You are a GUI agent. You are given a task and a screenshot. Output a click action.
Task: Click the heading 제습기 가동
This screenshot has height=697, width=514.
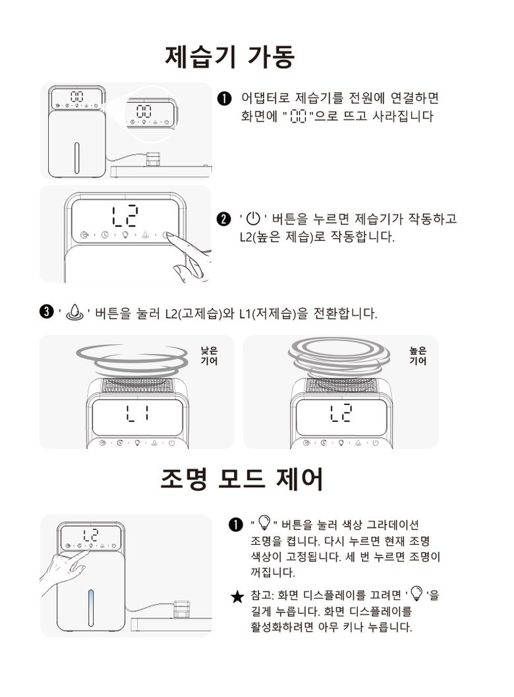[x=230, y=57]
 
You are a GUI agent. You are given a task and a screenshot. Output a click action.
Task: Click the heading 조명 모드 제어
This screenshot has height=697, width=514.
[x=241, y=479]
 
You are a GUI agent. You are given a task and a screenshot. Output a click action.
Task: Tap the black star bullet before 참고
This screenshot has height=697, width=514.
[x=238, y=597]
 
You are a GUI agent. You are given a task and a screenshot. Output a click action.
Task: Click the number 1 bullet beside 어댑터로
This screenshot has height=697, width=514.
[x=224, y=98]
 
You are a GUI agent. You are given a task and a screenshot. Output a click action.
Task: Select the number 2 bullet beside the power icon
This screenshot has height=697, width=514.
[x=223, y=219]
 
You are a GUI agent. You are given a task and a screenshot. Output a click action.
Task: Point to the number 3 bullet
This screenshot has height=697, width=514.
[x=46, y=313]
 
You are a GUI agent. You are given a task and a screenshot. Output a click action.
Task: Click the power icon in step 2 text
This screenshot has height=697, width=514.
[x=253, y=219]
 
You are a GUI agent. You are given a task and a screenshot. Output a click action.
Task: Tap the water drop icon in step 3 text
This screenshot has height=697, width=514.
[x=74, y=313]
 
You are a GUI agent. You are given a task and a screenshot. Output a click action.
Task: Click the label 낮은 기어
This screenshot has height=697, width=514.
[x=209, y=356]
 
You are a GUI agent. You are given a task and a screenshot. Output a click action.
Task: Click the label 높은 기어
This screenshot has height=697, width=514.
[x=418, y=356]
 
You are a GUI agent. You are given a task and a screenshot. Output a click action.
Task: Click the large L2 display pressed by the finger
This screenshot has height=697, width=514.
[x=125, y=216]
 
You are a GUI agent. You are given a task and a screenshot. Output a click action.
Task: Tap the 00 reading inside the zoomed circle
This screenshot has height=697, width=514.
[x=144, y=111]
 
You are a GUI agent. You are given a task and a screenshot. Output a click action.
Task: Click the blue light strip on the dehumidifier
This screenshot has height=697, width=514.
[x=91, y=608]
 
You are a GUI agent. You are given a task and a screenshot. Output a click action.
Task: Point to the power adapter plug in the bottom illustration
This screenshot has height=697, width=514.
[x=181, y=609]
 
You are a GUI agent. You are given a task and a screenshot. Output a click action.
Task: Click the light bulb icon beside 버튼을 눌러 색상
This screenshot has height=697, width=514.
[x=264, y=522]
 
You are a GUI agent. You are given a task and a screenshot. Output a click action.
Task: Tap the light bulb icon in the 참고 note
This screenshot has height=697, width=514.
[x=416, y=593]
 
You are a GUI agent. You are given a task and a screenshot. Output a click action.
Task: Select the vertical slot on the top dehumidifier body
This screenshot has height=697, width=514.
[x=76, y=158]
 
